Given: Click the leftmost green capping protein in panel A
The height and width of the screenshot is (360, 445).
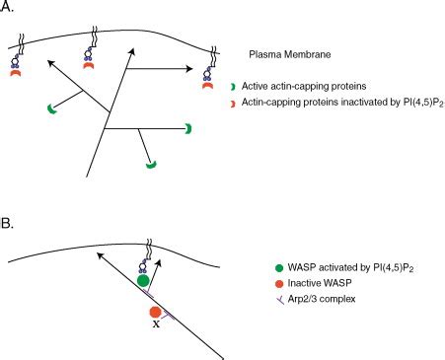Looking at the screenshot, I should click(50, 108).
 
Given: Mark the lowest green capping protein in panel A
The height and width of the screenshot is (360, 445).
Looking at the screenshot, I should click(151, 164).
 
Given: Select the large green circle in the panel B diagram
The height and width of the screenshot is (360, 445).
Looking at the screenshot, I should click(144, 281).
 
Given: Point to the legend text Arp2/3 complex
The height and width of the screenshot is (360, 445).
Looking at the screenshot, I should click(330, 298).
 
